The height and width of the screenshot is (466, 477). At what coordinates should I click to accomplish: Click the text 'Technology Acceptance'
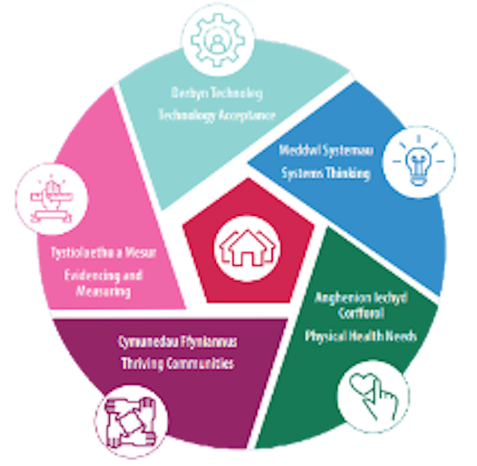[x=217, y=115]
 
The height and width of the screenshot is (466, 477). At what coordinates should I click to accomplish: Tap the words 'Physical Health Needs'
[x=360, y=336]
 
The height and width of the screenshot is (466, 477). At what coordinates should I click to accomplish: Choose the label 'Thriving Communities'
[x=177, y=363]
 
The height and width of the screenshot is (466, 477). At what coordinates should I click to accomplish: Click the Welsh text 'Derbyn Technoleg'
[x=217, y=93]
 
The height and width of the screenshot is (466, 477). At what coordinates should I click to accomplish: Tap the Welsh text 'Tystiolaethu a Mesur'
[x=103, y=253]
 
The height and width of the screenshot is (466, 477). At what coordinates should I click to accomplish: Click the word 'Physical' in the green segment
[x=326, y=336]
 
